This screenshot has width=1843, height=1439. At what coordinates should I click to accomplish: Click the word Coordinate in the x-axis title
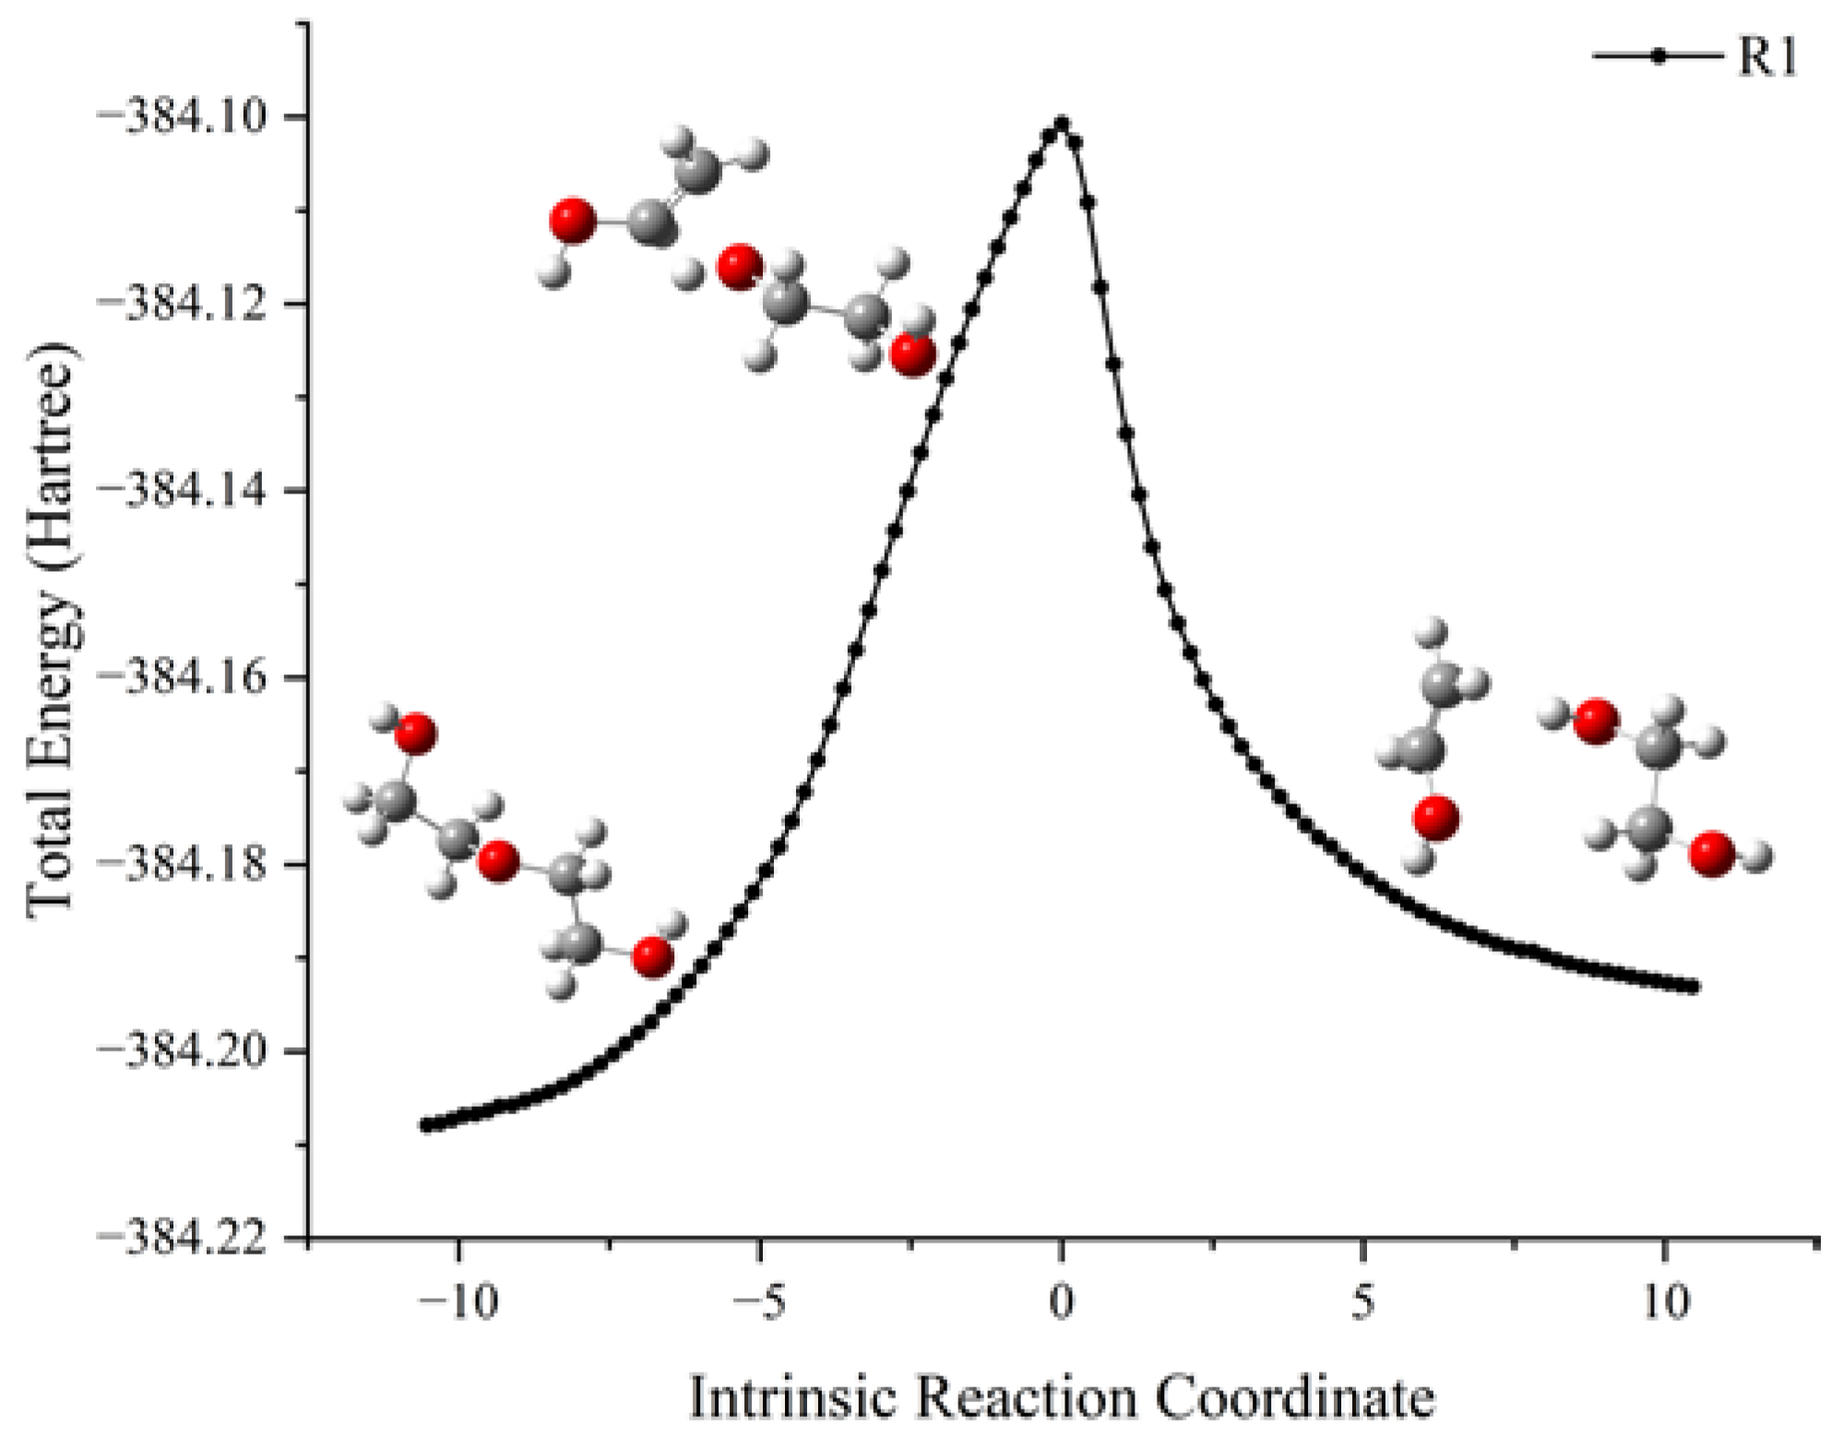pyautogui.click(x=1295, y=1397)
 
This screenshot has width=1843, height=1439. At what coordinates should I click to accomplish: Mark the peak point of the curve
pyautogui.click(x=1062, y=123)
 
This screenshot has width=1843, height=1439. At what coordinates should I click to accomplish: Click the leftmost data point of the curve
pyautogui.click(x=426, y=1124)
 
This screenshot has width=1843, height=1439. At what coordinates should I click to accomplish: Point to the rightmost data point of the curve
pyautogui.click(x=1693, y=987)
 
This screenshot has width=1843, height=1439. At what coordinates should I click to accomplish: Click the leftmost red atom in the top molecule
pyautogui.click(x=573, y=220)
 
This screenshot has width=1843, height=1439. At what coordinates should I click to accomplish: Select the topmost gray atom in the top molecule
pyautogui.click(x=698, y=171)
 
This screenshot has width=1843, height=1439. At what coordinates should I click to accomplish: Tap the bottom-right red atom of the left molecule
pyautogui.click(x=652, y=957)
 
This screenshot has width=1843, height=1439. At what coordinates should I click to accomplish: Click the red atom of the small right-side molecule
pyautogui.click(x=1435, y=818)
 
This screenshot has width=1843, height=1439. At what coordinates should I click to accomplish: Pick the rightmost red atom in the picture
pyautogui.click(x=1711, y=853)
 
